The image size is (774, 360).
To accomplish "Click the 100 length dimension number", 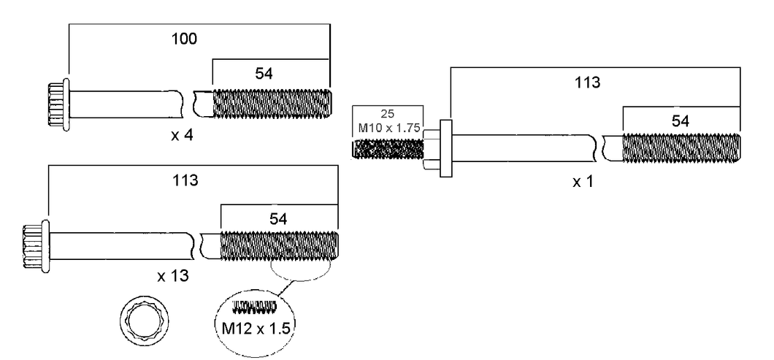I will click(x=185, y=39).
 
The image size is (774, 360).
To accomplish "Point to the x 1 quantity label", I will click(x=583, y=181).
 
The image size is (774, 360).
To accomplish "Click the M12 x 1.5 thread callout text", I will click(x=256, y=328).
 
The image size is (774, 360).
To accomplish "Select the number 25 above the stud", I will click(x=388, y=114).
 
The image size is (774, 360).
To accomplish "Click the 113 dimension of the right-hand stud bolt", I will click(x=586, y=83).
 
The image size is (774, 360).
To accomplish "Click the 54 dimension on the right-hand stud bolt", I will click(x=680, y=120).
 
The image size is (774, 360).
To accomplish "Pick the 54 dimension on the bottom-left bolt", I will click(x=277, y=218).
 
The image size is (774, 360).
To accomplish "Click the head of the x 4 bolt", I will click(x=57, y=105).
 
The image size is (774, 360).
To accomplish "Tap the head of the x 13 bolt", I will click(x=36, y=245).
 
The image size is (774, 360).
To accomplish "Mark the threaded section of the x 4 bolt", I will click(x=272, y=104).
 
